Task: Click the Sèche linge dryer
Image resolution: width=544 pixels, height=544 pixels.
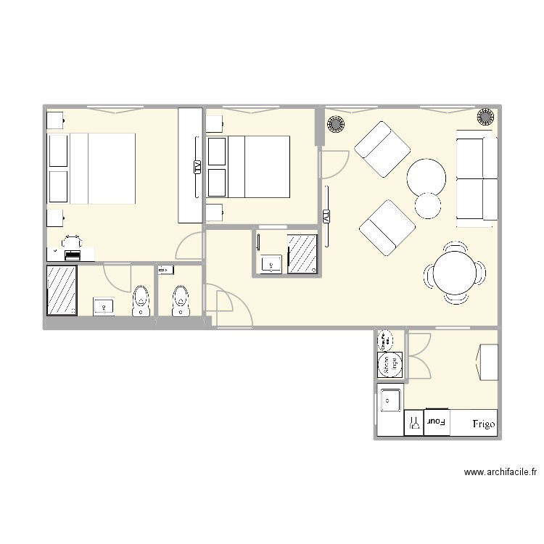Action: [x=390, y=364]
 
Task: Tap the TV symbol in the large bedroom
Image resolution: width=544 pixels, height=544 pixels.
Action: [x=197, y=168]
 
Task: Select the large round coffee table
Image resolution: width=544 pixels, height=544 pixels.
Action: [x=426, y=176]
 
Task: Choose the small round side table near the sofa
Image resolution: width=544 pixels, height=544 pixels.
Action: [x=429, y=205]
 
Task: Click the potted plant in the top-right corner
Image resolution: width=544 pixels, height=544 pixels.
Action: [x=485, y=117]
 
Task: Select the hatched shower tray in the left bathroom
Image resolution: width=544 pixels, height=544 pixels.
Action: [x=62, y=290]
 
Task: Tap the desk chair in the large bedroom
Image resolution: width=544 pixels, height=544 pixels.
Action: [x=71, y=241]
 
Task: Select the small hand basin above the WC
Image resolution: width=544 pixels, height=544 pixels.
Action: [x=166, y=271]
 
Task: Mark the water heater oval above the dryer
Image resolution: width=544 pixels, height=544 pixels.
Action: [x=385, y=339]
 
